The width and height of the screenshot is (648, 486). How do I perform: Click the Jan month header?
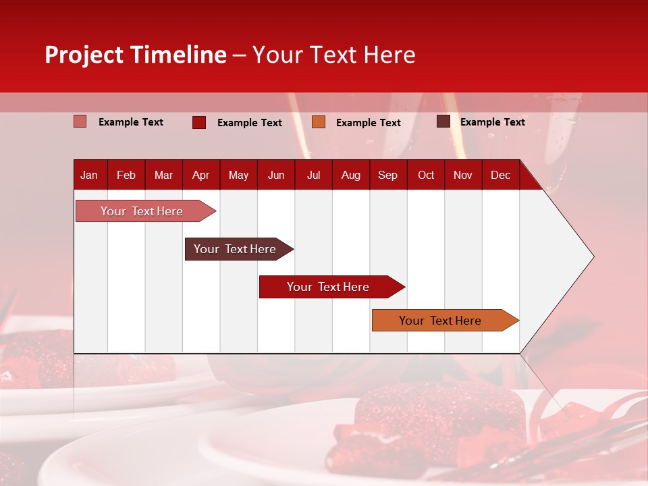(89, 175)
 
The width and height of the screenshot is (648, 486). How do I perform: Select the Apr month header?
(200, 175)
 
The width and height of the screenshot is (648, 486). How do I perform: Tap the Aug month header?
(350, 175)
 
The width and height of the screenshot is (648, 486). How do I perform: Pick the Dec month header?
(500, 175)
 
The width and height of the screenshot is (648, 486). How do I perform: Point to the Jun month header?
(275, 175)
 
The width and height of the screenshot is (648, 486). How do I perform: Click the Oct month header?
(426, 175)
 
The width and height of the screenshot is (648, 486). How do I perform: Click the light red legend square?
(80, 122)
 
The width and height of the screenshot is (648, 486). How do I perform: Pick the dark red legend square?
(198, 122)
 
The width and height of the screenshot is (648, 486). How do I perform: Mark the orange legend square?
(319, 122)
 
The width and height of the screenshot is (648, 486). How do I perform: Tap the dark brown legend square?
(443, 122)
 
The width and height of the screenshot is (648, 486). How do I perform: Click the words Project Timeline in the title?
(135, 55)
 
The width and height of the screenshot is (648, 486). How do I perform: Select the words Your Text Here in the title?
(333, 55)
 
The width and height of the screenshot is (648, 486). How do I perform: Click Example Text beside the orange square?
(368, 123)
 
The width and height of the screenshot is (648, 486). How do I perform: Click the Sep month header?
(387, 175)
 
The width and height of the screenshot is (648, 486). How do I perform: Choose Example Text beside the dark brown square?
(492, 122)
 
